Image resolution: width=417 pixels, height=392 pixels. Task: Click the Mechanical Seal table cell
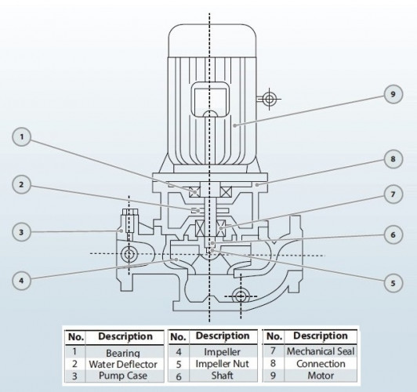pyautogui.click(x=320, y=353)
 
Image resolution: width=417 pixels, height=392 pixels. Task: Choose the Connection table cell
pyautogui.click(x=320, y=365)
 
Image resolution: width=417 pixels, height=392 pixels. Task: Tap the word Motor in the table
pyautogui.click(x=320, y=376)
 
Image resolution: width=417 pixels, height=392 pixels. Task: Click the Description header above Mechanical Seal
pyautogui.click(x=320, y=336)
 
